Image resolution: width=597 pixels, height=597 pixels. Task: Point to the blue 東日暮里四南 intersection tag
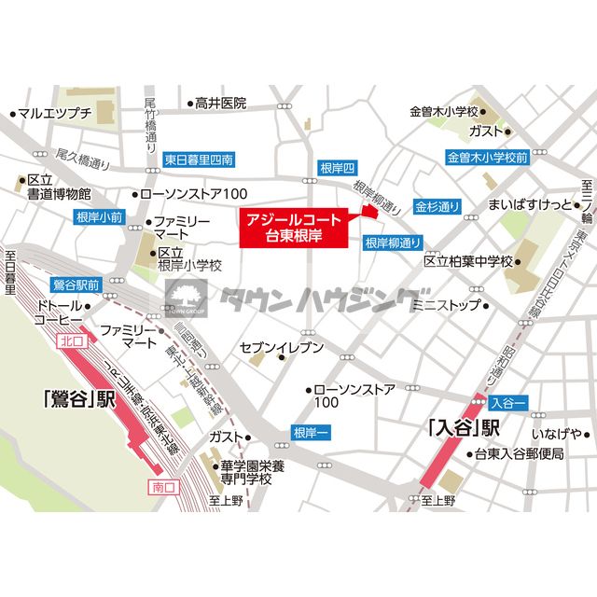[198, 159]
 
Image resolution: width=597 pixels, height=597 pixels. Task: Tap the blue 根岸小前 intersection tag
[98, 217]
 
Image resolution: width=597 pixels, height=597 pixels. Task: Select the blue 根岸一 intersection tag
[310, 433]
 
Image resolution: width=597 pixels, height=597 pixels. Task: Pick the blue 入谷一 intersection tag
[507, 402]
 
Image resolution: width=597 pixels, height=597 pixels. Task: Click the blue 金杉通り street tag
[437, 205]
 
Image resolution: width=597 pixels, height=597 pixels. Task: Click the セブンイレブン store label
[282, 348]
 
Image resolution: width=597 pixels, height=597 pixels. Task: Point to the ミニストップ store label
[446, 304]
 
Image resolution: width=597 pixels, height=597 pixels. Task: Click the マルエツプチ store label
[55, 114]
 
